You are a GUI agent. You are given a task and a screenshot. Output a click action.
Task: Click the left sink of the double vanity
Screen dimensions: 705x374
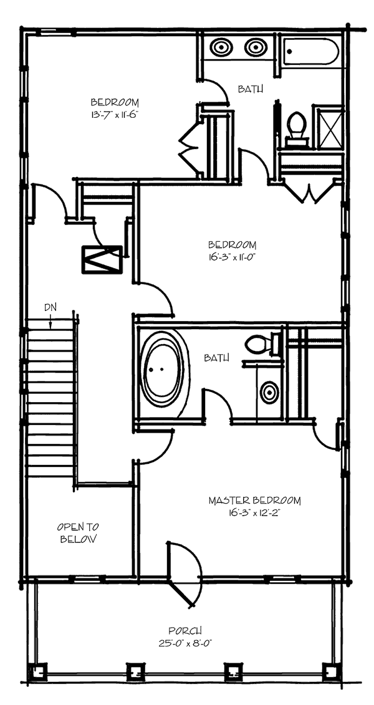[x=222, y=47]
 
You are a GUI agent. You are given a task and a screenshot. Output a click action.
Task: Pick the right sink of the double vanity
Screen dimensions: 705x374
[x=255, y=47]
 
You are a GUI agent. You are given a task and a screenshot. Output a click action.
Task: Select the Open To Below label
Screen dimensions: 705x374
[x=78, y=533]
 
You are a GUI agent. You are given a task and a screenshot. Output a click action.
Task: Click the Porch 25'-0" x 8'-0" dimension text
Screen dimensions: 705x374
[x=187, y=643]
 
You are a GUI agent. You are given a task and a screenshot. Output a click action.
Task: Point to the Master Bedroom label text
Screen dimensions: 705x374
[x=254, y=501]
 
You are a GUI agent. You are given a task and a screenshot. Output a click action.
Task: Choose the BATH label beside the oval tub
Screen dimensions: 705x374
[x=216, y=358]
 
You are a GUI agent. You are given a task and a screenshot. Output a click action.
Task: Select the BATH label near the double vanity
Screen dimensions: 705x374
[x=250, y=89]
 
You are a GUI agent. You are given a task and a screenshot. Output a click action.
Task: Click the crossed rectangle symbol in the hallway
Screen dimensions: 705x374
[x=102, y=259]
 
